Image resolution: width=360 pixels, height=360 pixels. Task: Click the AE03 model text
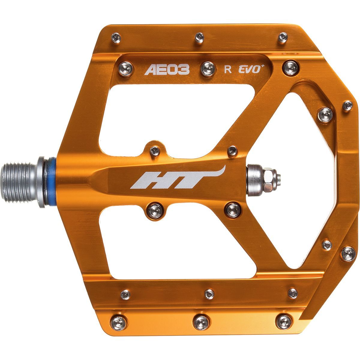click(x=167, y=70)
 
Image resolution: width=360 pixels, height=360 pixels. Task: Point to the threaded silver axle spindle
click(x=20, y=181)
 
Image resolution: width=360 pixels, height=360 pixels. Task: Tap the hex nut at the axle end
click(x=268, y=181)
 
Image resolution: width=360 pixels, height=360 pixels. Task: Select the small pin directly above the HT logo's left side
click(x=155, y=151)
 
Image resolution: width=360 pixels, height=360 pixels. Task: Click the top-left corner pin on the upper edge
click(x=116, y=38)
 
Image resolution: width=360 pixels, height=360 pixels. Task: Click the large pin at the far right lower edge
click(x=348, y=254)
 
